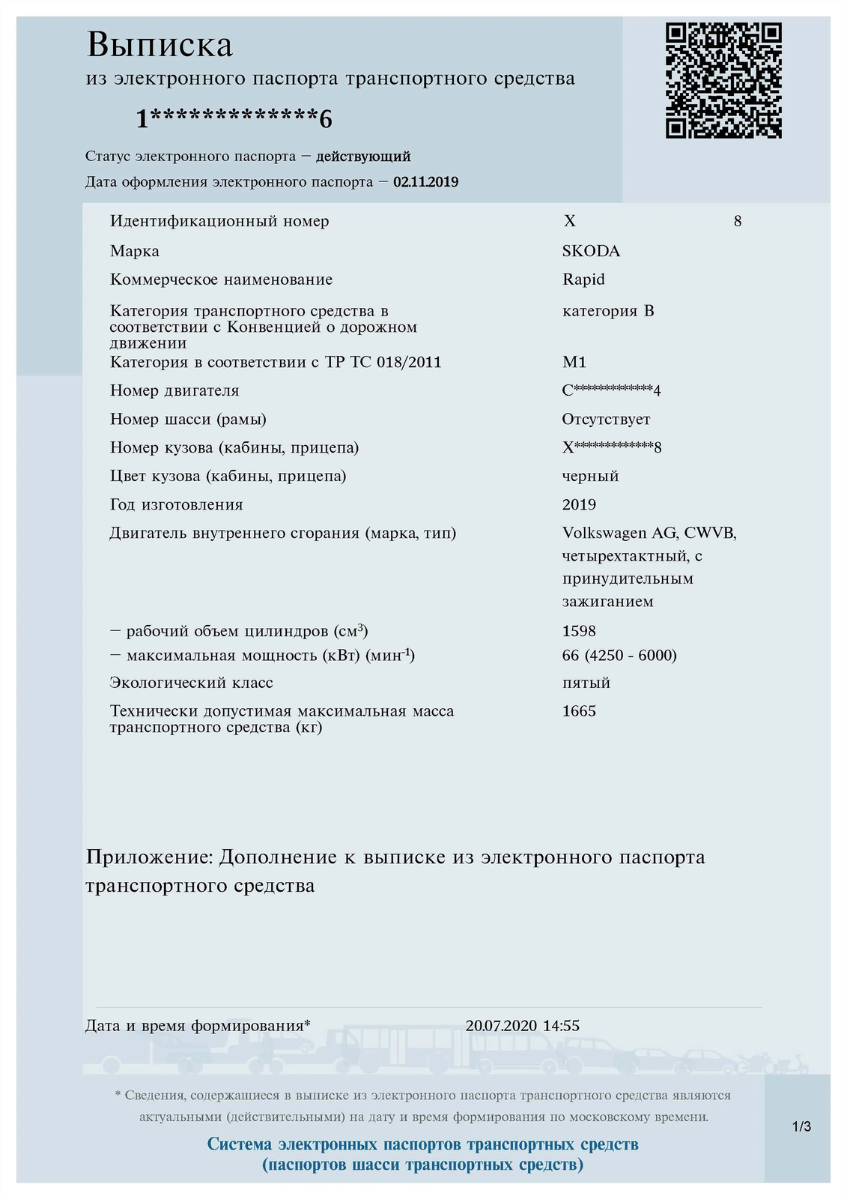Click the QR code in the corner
(x=723, y=80)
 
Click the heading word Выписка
(x=160, y=45)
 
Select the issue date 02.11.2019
(x=425, y=182)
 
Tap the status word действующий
(x=363, y=157)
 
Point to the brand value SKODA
(x=591, y=251)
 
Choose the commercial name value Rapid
(x=583, y=280)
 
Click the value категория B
(x=608, y=311)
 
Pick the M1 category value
(x=574, y=363)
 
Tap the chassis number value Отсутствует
(x=606, y=420)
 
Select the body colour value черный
(x=590, y=477)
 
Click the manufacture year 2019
(x=579, y=505)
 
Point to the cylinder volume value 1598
(x=579, y=631)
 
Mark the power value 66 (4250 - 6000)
(x=619, y=656)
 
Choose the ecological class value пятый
(x=586, y=683)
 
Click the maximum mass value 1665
(x=579, y=711)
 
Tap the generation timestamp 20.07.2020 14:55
(x=522, y=1026)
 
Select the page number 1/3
(x=801, y=1126)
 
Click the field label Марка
(x=135, y=251)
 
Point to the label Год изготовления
(x=177, y=505)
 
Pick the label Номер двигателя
(x=174, y=391)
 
